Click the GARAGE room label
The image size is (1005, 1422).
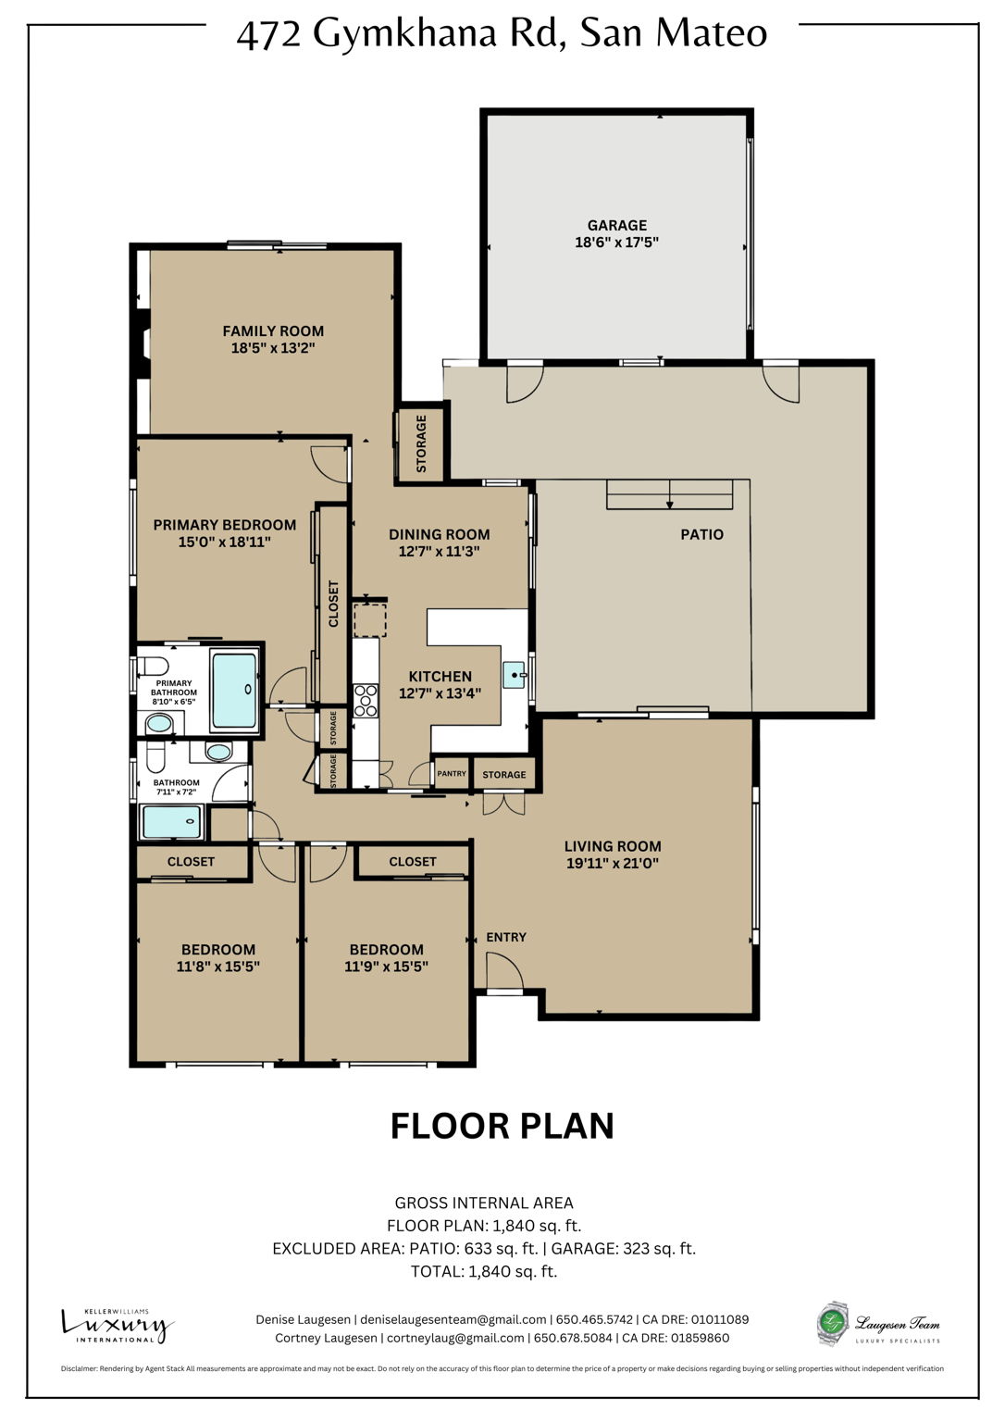[x=616, y=225]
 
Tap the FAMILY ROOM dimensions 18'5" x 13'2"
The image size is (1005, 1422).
[x=273, y=349]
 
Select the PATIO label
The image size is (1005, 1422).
[x=701, y=534]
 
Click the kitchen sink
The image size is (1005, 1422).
[x=514, y=675]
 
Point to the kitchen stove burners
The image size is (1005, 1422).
[x=366, y=700]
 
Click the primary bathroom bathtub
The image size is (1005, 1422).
[x=234, y=690]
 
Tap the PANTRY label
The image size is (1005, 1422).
[x=452, y=774]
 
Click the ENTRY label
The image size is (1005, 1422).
[x=506, y=937]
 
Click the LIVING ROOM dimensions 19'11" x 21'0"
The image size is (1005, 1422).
[x=613, y=864]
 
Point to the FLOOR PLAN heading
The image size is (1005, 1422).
[x=502, y=1126]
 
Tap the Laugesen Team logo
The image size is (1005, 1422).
[x=879, y=1325]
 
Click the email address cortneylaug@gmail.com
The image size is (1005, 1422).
[x=455, y=1338]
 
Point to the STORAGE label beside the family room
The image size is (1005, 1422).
[x=421, y=443]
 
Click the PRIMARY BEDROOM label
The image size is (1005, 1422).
[x=225, y=525]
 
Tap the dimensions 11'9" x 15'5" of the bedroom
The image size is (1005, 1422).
[x=386, y=967]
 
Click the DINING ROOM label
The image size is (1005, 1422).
[x=439, y=534]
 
